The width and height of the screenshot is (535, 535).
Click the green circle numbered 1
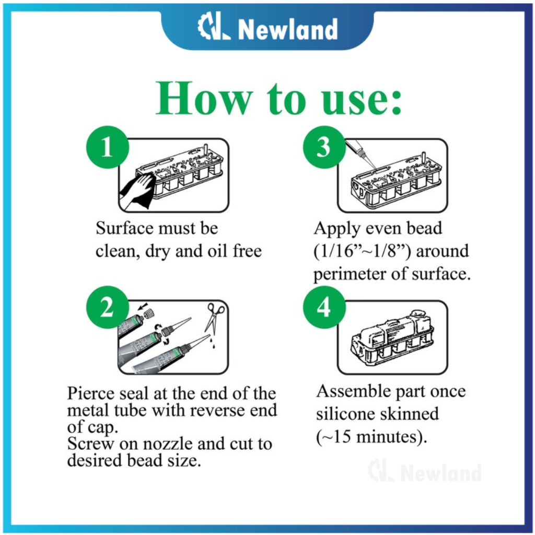tap(107, 148)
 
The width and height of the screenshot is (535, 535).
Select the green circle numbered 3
tap(324, 148)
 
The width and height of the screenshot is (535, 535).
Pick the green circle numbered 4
tap(324, 308)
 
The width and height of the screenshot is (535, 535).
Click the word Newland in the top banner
tap(288, 30)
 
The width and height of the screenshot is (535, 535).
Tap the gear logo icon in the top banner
tap(213, 29)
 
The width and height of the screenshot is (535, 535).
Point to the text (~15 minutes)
tap(372, 437)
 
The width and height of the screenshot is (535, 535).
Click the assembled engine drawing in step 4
tap(392, 336)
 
